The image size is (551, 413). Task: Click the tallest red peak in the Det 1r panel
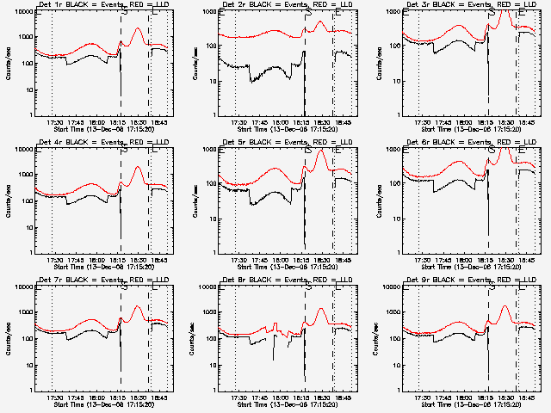pos(139,28)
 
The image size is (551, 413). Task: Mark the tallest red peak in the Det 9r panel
pos(505,305)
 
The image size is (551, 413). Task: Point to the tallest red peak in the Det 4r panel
pos(138,167)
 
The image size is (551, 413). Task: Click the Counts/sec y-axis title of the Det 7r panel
pos(9,339)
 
